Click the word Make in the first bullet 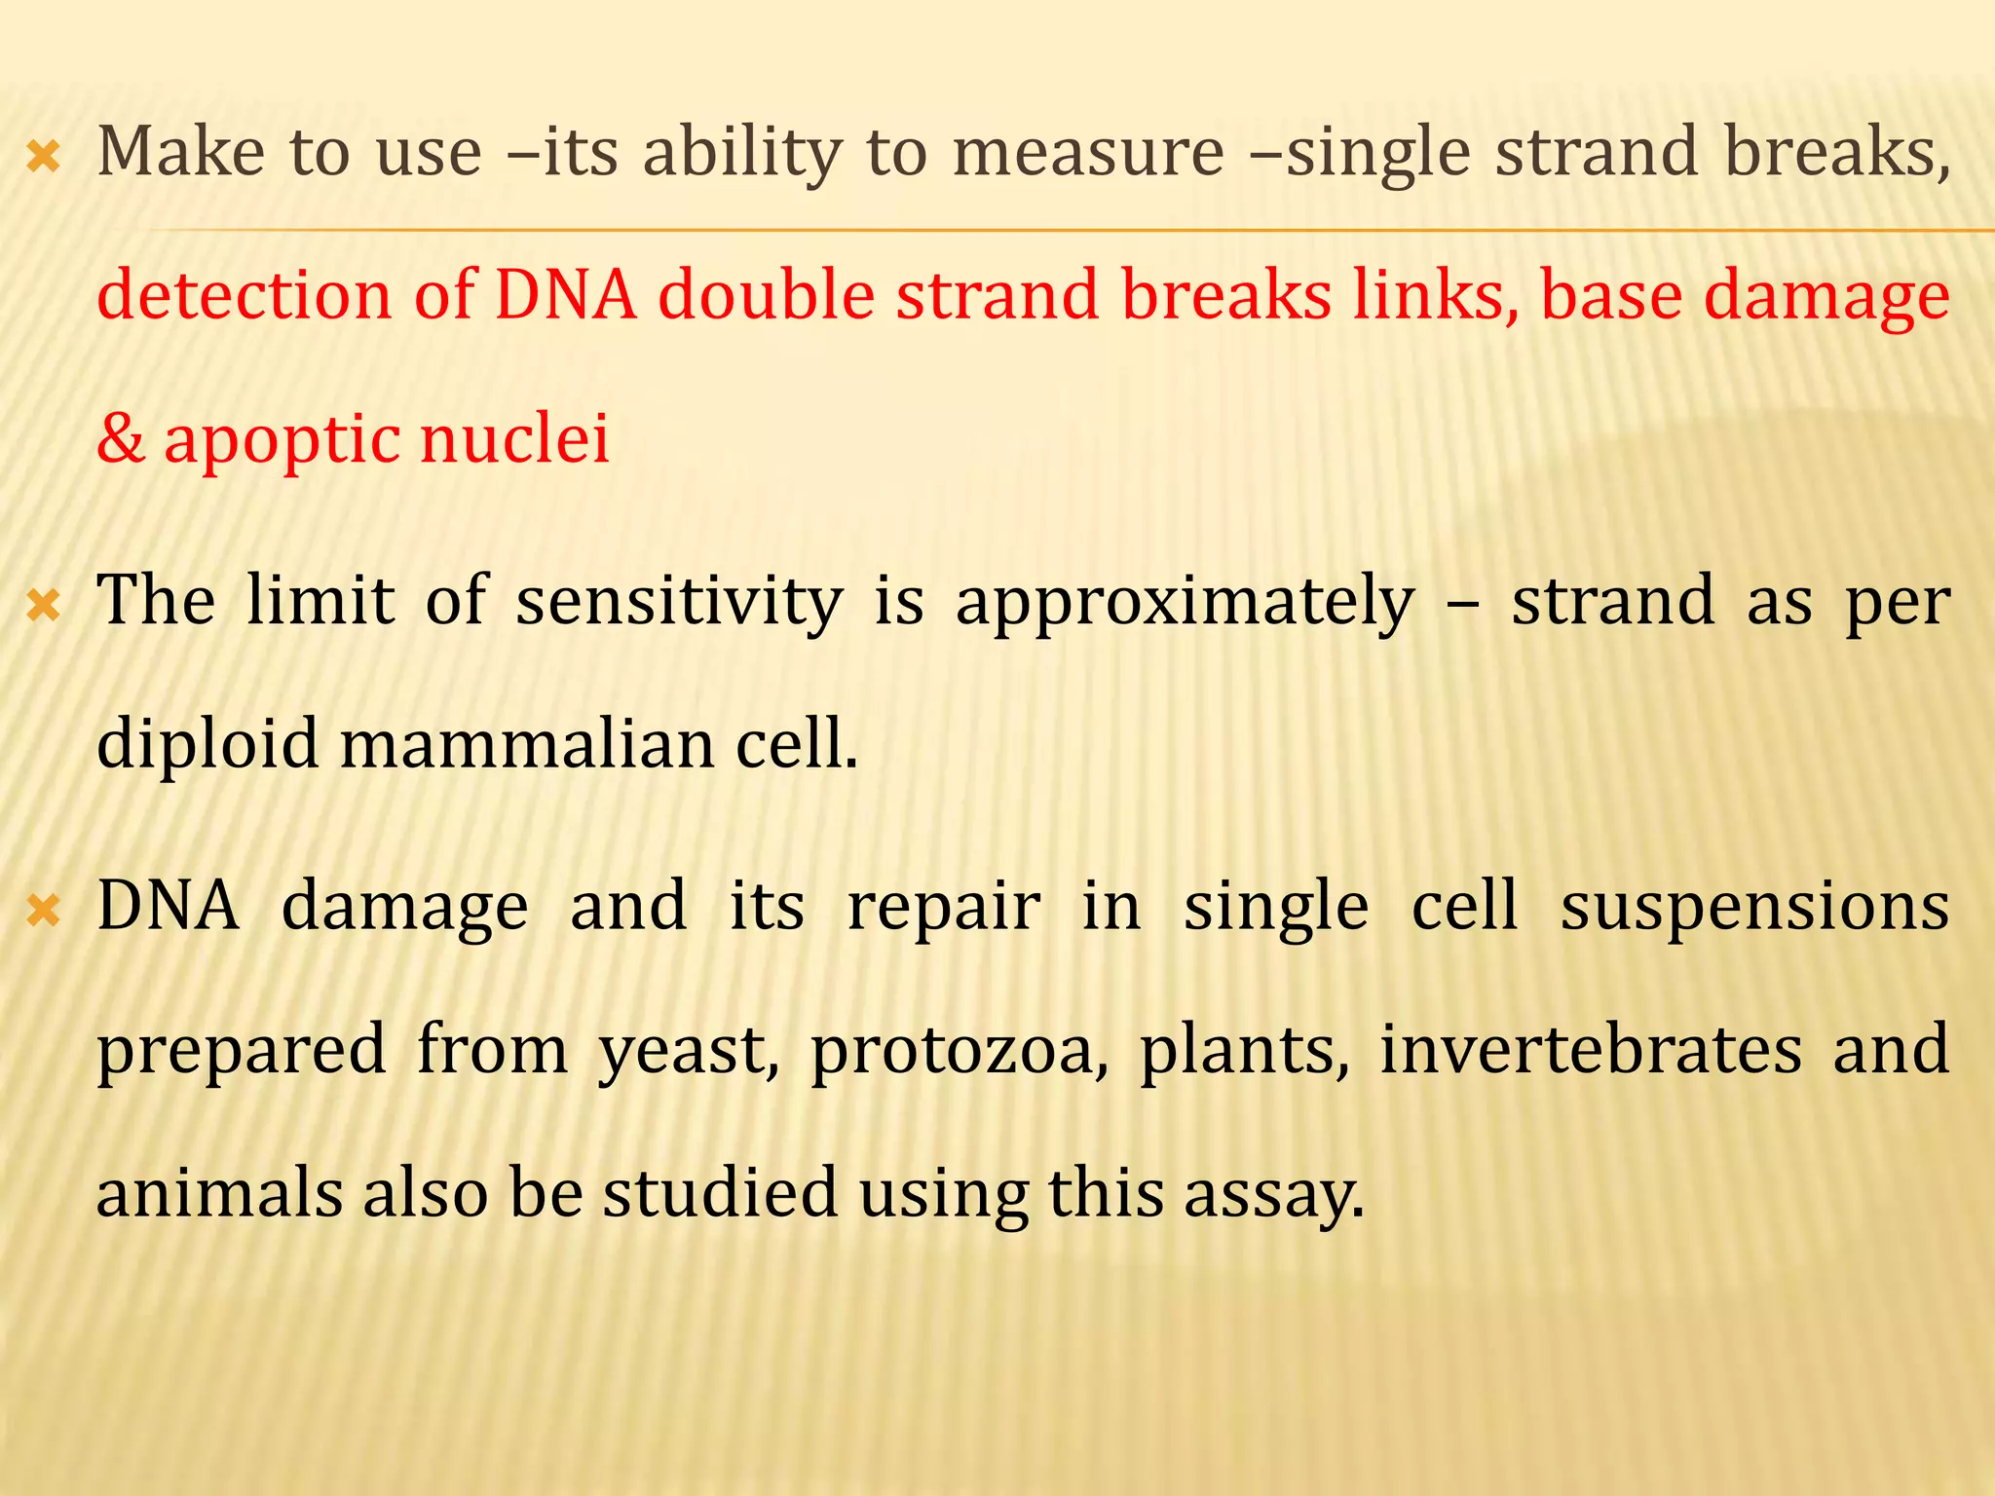point(181,153)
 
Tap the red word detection point(244,295)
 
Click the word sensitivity point(679,602)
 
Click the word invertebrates point(1591,1050)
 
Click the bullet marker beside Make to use point(44,157)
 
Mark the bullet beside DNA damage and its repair point(44,912)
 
